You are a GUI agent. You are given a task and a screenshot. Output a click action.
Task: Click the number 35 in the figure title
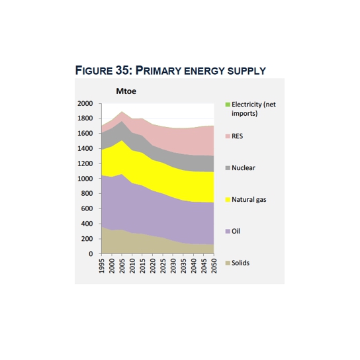tap(122, 70)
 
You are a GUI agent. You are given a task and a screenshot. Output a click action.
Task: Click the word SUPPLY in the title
tap(247, 71)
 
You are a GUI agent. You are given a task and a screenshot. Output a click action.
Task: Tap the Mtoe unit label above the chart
tap(126, 91)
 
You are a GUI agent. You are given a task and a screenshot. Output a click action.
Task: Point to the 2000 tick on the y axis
tap(85, 103)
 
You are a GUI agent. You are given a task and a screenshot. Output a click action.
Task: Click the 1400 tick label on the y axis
tap(85, 148)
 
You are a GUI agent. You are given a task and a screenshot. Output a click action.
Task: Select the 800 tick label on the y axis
tap(87, 193)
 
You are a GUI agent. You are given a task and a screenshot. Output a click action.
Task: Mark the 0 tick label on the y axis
tap(91, 253)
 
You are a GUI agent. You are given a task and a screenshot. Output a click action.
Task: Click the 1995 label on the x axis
tap(101, 266)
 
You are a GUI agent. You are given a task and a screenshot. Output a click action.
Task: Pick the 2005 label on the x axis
tap(122, 266)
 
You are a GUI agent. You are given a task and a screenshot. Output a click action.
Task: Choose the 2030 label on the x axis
tap(173, 266)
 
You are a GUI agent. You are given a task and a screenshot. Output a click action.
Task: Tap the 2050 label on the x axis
tap(214, 266)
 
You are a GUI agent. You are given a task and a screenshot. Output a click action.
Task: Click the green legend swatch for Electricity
tap(228, 105)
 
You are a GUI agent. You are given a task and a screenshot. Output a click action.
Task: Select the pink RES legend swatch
tap(228, 136)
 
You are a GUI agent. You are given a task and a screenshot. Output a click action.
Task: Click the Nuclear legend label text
tap(244, 168)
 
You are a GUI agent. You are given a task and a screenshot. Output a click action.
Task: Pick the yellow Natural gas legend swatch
tap(228, 199)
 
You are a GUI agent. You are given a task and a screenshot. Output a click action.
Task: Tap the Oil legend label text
tap(236, 231)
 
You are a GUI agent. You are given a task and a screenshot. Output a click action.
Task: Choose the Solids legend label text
tap(240, 263)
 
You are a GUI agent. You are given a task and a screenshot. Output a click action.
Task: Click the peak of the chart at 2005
tap(122, 112)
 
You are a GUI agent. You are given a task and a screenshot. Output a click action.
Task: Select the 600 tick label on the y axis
tap(87, 208)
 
